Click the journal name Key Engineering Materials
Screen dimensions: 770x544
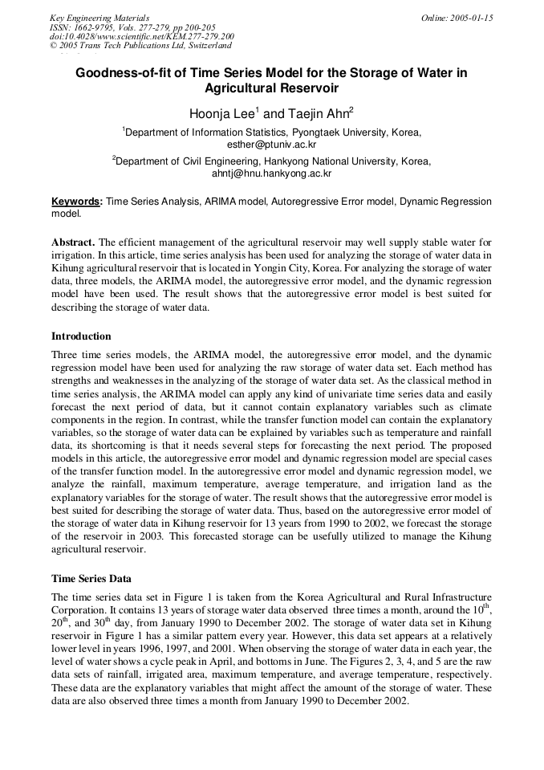click(x=99, y=18)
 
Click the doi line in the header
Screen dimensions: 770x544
click(x=141, y=36)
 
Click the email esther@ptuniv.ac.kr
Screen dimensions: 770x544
click(x=271, y=144)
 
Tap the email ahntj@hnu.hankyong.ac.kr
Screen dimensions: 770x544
click(x=271, y=173)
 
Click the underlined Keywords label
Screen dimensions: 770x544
click(x=76, y=202)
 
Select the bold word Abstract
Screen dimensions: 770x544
click(x=74, y=242)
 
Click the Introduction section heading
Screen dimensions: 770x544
click(x=81, y=336)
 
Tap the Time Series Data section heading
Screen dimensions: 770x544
click(x=91, y=577)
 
